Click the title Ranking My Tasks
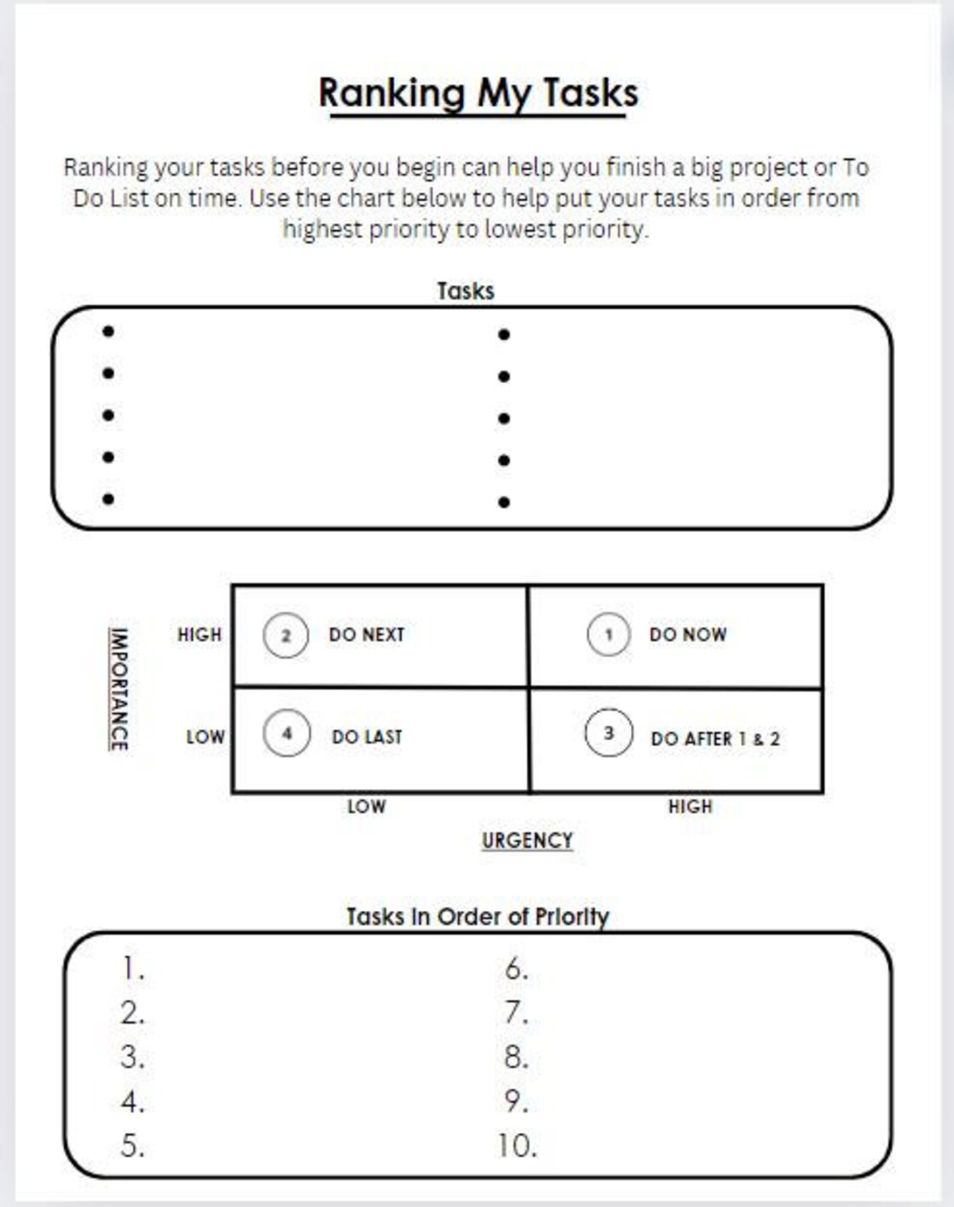(x=478, y=94)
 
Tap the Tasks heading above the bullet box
(x=466, y=291)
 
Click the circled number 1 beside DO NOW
(x=609, y=634)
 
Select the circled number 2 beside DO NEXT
(x=286, y=636)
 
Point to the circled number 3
(x=609, y=733)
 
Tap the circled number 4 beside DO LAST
(x=287, y=733)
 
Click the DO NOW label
(x=688, y=634)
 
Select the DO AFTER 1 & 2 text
(x=715, y=739)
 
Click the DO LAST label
(x=367, y=737)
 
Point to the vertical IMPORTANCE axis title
(x=119, y=689)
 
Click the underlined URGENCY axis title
(x=527, y=841)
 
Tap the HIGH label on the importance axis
(x=199, y=634)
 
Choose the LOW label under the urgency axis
(x=366, y=806)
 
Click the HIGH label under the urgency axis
(x=690, y=806)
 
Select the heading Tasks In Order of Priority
(x=478, y=917)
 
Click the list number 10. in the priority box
(x=517, y=1146)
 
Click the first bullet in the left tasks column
(x=108, y=332)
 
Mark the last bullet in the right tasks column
(x=504, y=502)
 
